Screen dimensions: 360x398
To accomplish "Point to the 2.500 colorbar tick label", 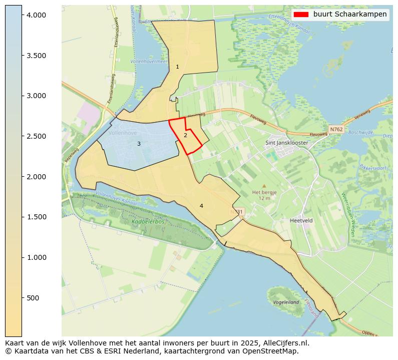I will point(37,136).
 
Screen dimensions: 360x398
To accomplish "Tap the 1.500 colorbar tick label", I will point(37,217).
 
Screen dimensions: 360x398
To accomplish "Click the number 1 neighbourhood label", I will point(177,67).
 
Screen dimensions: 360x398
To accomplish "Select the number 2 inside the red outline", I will point(185,135).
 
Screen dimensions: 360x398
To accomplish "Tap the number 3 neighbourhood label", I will point(139,144).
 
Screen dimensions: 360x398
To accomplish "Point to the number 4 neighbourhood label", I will point(201,206).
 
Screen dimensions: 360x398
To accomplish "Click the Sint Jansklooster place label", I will point(286,143).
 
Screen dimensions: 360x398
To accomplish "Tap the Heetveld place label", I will point(301,220).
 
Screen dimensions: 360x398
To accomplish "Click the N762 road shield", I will point(335,130).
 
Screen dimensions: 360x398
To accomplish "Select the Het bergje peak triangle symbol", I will point(264,186).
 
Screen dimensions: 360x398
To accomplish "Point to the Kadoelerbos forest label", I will point(148,221).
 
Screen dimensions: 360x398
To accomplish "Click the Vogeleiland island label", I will point(286,302).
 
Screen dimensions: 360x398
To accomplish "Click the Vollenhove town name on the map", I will point(123,133).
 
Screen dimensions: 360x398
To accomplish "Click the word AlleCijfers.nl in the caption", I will point(286,343).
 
